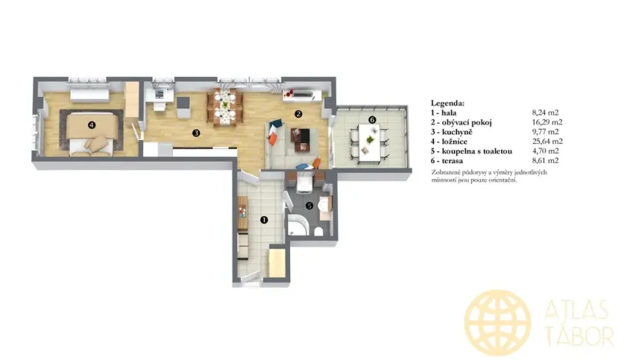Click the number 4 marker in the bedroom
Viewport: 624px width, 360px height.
(92, 124)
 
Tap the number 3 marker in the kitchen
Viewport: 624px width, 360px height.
(196, 132)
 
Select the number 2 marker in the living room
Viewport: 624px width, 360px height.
(298, 114)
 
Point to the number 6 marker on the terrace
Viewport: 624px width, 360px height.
(372, 119)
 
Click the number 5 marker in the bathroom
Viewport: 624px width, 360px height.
(309, 205)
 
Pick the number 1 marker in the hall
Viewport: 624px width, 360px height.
(264, 219)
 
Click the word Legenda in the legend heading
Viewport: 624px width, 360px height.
(448, 102)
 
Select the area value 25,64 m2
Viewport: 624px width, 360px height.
(547, 142)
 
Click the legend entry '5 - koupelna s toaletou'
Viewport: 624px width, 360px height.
(471, 152)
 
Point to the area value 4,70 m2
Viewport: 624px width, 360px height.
(549, 152)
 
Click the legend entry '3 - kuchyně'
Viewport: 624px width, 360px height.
(454, 132)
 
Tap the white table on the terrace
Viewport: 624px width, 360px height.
(371, 142)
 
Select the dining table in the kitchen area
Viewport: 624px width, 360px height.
(225, 105)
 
